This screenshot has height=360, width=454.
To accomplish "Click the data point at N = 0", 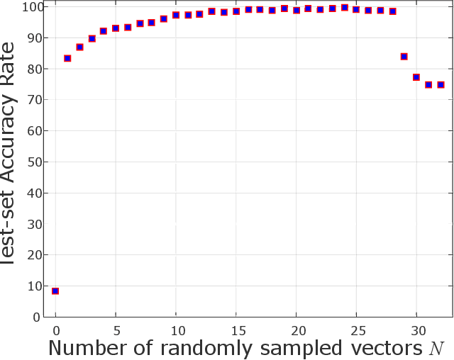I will tap(55, 291).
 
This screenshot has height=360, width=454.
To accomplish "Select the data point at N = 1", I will tap(67, 58).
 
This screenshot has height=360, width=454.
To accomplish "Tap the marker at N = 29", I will tap(404, 57).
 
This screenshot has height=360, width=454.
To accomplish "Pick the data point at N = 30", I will tap(416, 77).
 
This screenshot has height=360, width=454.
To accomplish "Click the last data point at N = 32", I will tap(441, 85).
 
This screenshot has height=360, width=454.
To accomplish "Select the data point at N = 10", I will tap(176, 15).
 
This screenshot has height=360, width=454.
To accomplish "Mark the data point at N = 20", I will tap(297, 11).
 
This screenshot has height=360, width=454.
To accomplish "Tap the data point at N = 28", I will tap(392, 11).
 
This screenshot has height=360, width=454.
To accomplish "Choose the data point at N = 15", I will tap(236, 11).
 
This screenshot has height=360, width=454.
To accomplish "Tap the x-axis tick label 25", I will tap(356, 330).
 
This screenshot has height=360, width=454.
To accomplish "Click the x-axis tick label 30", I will tap(416, 330).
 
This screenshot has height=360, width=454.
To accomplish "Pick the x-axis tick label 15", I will tap(236, 330).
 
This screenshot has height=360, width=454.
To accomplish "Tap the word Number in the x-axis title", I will tap(86, 349).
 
